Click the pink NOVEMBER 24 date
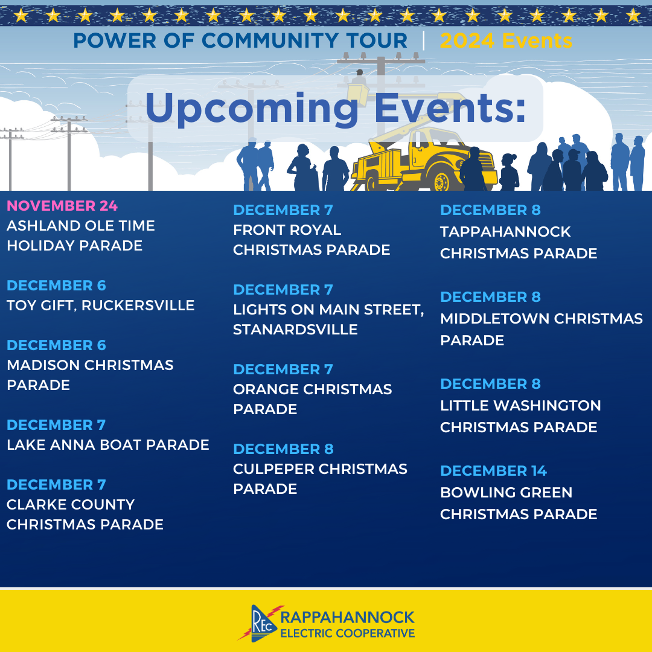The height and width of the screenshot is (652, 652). [x=62, y=206]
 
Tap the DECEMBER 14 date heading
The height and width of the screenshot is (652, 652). [x=494, y=471]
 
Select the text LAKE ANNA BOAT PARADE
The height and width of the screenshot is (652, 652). [x=108, y=445]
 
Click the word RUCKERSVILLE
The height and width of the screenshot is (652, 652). [x=138, y=305]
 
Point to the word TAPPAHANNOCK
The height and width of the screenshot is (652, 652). [x=505, y=232]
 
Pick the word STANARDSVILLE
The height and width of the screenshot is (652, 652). [x=295, y=330]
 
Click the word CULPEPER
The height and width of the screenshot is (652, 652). [x=273, y=469]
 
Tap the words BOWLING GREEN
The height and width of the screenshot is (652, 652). [x=507, y=493]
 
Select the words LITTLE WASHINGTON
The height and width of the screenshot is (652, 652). [x=520, y=406]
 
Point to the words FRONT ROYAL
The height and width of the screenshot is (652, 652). [x=287, y=230]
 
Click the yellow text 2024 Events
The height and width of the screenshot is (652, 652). [x=506, y=41]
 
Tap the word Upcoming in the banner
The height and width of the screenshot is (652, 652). [x=252, y=109]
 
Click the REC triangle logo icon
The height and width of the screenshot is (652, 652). [x=261, y=623]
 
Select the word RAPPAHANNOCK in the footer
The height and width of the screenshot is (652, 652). [x=348, y=618]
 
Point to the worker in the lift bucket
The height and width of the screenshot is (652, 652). [x=359, y=79]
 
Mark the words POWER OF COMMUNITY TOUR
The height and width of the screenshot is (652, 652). [x=240, y=41]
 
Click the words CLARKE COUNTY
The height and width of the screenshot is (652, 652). [x=71, y=505]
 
